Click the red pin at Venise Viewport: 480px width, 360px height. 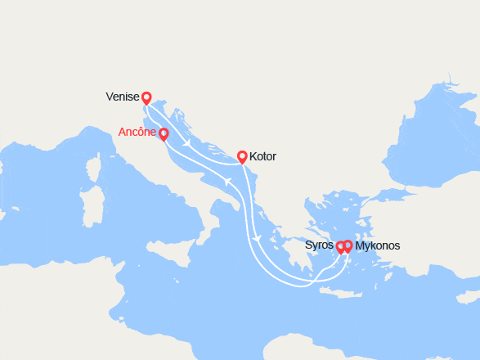point(146,98)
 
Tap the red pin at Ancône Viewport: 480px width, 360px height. point(164,134)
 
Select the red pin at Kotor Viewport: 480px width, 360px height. point(242,155)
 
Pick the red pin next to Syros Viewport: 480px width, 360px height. point(340,246)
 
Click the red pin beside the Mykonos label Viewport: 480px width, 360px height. point(348,245)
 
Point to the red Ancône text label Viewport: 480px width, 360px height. point(137,132)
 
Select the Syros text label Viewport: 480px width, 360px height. point(319,245)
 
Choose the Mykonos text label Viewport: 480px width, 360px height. point(378,245)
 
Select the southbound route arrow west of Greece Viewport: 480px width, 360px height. point(257,238)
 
